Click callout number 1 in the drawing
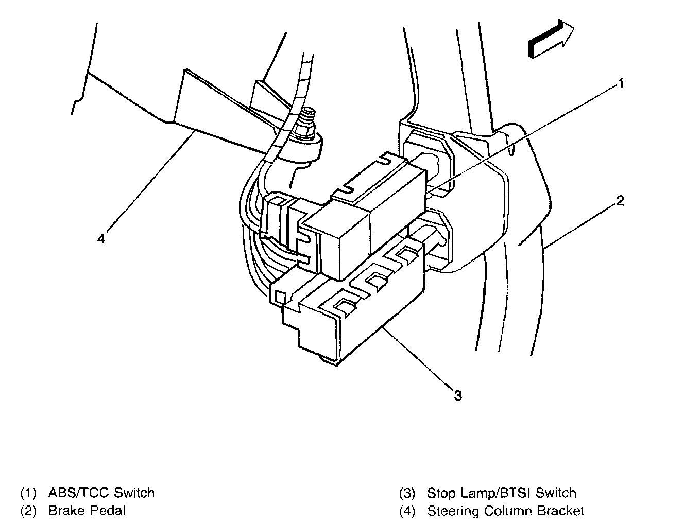(621, 83)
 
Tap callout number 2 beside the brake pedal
(620, 201)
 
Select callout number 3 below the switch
(457, 395)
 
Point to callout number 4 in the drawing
(101, 239)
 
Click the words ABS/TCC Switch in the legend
(101, 493)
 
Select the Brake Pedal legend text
(87, 511)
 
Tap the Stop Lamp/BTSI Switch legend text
(501, 493)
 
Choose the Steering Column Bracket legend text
(505, 511)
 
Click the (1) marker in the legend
(28, 493)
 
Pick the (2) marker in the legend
(28, 511)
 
